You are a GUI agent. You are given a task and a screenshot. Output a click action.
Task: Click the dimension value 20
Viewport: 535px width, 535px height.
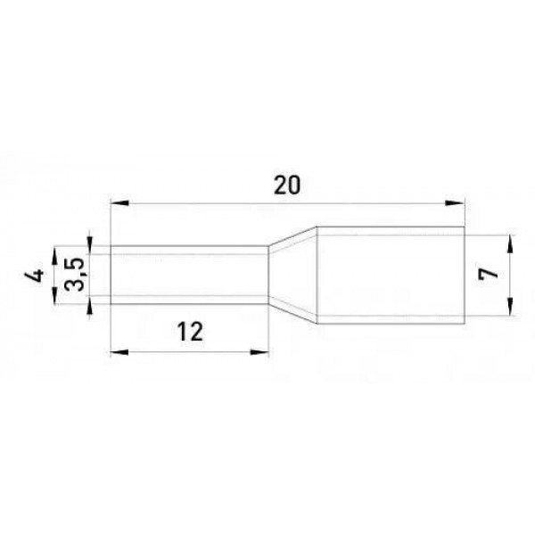pos(287,185)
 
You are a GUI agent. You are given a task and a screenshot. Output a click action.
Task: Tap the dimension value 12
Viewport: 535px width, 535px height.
pos(190,332)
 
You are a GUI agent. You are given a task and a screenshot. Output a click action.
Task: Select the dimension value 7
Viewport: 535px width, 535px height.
pos(489,274)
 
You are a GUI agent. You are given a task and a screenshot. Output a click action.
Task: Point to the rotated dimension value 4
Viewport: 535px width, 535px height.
pos(35,275)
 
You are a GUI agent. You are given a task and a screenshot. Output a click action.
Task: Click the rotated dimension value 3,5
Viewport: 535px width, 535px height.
pos(74,274)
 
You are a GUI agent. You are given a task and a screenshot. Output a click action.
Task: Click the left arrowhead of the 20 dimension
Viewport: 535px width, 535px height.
pos(119,203)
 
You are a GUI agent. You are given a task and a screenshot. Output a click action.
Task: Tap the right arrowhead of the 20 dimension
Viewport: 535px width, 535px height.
pos(455,203)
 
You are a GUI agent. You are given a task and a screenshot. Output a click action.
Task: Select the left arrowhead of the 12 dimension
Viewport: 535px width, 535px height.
pos(119,352)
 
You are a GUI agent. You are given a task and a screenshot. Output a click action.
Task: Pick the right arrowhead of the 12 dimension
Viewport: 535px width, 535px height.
pos(259,352)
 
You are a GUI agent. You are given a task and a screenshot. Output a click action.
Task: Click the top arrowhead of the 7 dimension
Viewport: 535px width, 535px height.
pos(510,244)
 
